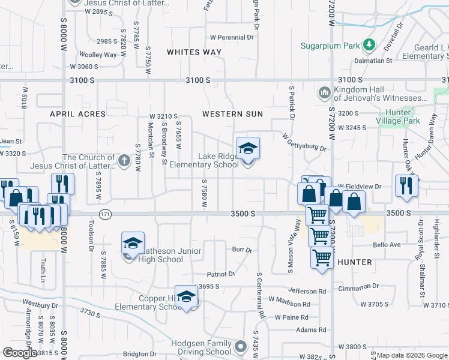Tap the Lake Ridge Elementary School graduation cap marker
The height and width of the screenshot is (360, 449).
point(248,148)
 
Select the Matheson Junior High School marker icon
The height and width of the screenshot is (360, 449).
point(133,243)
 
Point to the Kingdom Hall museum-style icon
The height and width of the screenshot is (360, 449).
point(324,92)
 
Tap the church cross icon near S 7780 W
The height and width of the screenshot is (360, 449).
point(124,161)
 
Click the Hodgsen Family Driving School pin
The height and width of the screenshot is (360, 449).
point(241,347)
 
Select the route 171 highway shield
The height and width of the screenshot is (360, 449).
point(106,214)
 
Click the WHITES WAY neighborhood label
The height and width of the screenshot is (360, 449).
point(194,52)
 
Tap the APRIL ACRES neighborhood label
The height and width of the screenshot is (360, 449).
point(77,114)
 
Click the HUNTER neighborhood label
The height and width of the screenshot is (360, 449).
point(355,262)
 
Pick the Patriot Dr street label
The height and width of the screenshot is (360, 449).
point(221,274)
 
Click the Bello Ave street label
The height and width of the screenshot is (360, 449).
point(387,245)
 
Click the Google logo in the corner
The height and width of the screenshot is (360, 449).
point(20,353)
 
